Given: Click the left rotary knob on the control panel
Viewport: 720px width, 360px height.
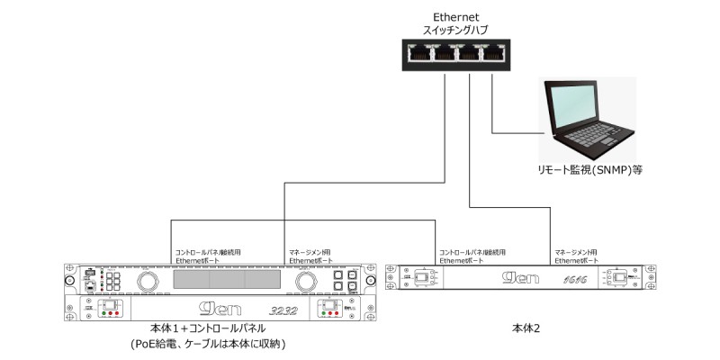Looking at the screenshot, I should click(146, 282).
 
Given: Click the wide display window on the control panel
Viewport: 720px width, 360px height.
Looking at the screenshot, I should click(226, 282).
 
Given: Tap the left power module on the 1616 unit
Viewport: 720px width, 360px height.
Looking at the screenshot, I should click(423, 278).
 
